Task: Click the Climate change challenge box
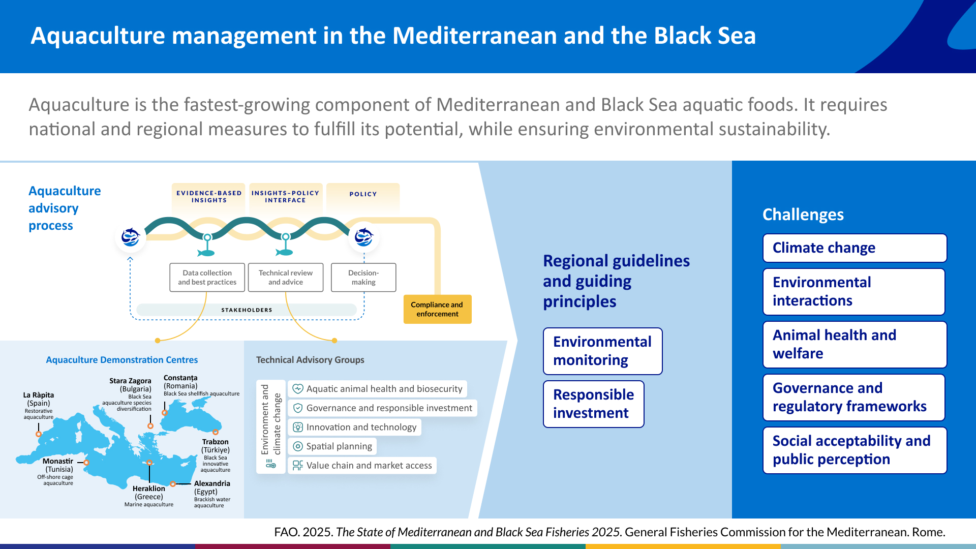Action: [855, 248]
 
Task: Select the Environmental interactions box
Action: [853, 292]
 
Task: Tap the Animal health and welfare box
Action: [855, 345]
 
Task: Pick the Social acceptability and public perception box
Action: [855, 450]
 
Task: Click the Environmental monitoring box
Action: [602, 351]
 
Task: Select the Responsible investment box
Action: [593, 404]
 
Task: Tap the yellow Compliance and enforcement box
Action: [437, 309]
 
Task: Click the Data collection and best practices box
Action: [207, 278]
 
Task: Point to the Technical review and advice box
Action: [285, 278]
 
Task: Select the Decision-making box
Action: [363, 278]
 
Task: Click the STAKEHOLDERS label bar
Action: [247, 310]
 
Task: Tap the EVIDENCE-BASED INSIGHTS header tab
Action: [209, 197]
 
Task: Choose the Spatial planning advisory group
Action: [332, 446]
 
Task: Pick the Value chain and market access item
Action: [362, 466]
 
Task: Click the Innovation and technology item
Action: [354, 427]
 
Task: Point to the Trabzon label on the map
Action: [216, 442]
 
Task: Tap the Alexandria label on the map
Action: [212, 483]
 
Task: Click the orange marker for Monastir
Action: [86, 463]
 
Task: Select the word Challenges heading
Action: [803, 215]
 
